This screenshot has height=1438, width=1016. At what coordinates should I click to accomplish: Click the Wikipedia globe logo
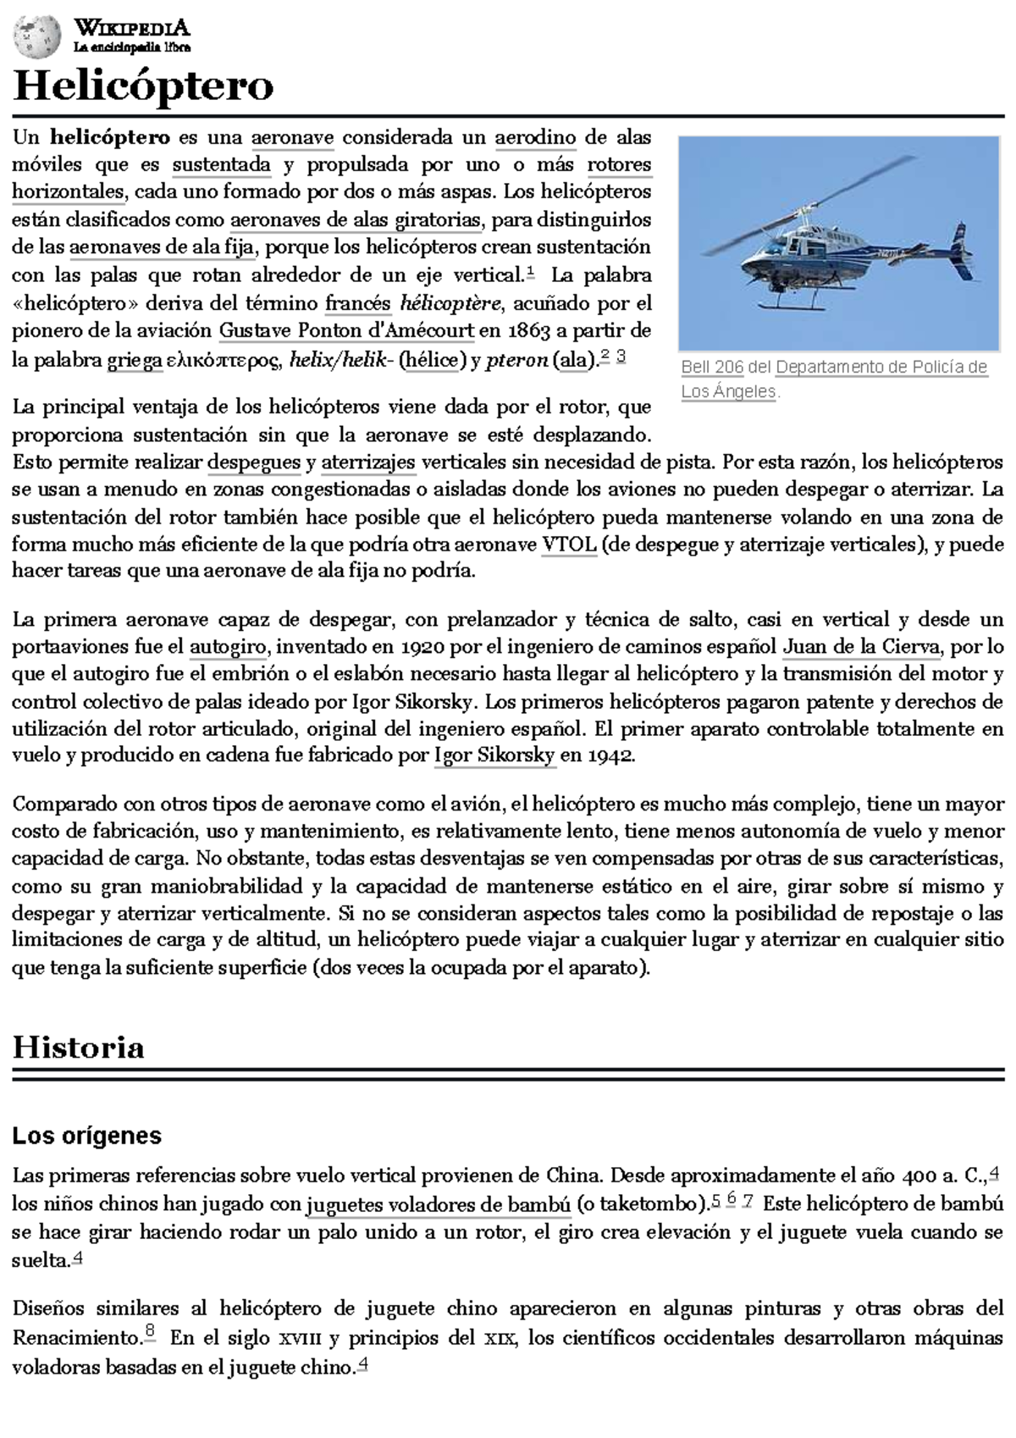(37, 36)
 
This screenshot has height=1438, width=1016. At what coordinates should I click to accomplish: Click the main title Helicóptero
(143, 86)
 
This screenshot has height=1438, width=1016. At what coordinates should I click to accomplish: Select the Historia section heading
(78, 1048)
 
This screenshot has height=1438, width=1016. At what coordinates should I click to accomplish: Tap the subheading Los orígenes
(86, 1136)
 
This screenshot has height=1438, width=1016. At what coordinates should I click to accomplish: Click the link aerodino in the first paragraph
(535, 137)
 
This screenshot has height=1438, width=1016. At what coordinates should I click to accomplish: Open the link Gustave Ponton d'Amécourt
(346, 331)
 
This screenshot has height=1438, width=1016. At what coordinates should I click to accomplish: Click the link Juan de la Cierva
(861, 648)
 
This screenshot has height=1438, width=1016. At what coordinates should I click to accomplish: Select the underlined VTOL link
(569, 545)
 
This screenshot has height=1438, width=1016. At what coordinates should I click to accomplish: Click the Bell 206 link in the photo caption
(712, 368)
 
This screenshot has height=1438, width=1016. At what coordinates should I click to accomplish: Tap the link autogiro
(228, 648)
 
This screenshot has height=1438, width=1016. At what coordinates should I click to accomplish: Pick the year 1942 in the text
(610, 756)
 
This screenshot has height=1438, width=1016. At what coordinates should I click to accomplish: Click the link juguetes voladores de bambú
(438, 1204)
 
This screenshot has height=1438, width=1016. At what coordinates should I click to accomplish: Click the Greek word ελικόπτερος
(224, 361)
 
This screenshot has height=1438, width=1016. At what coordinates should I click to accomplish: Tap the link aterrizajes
(367, 462)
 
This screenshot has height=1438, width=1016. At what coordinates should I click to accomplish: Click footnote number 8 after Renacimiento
(149, 1333)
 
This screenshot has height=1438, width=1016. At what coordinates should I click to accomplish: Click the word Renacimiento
(75, 1338)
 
